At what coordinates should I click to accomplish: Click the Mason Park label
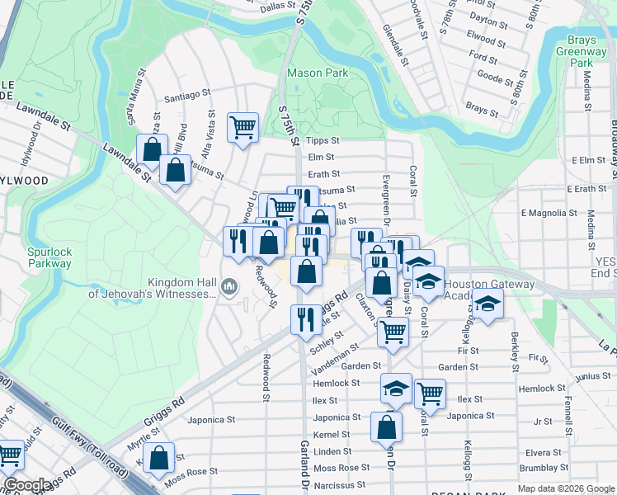point(317,73)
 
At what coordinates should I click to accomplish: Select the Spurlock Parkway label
point(36,257)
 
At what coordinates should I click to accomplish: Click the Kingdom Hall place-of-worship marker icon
point(229,286)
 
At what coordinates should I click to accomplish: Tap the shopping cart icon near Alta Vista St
point(243,127)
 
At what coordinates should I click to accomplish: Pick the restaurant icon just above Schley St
point(306,319)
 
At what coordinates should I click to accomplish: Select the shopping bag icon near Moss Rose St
point(158,457)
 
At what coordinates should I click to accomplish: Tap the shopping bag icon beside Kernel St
point(386,427)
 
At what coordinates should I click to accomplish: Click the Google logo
point(27,485)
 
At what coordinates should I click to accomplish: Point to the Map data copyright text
point(565,488)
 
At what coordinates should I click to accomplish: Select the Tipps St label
point(317,141)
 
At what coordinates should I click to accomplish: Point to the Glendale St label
point(395,45)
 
